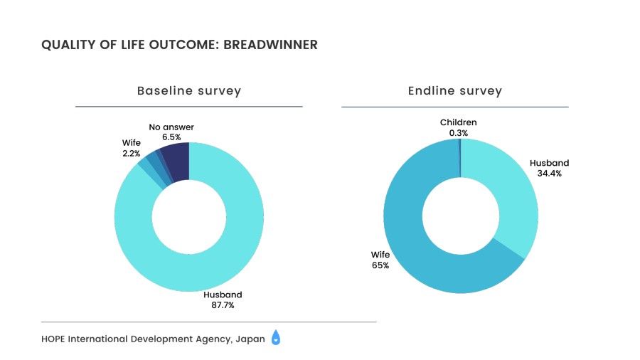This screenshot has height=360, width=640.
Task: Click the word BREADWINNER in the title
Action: (x=270, y=45)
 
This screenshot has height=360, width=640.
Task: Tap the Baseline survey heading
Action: (x=188, y=91)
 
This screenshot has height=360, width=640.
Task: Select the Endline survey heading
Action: (x=454, y=91)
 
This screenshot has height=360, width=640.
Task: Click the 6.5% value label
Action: (x=171, y=136)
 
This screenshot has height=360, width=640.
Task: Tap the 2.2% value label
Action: (x=131, y=153)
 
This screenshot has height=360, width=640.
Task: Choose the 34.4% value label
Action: (x=549, y=173)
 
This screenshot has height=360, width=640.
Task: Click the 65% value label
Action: (x=380, y=265)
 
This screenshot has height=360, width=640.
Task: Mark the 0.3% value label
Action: (x=458, y=132)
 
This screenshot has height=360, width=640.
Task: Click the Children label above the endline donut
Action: (x=458, y=122)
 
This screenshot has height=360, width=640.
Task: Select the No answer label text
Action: (x=171, y=127)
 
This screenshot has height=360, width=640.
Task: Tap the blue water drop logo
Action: (x=276, y=339)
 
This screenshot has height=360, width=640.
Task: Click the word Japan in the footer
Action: (x=249, y=339)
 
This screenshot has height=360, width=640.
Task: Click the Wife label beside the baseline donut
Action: (x=131, y=143)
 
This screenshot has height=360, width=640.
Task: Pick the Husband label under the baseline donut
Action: (x=223, y=295)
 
